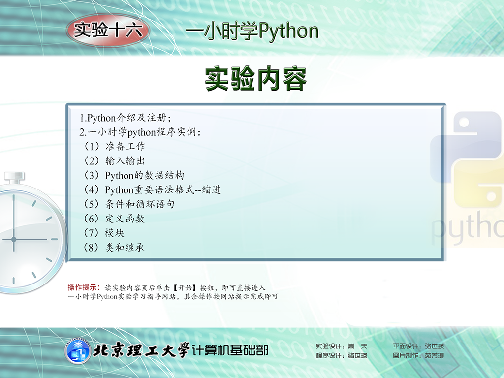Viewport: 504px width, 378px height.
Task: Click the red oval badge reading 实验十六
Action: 108,30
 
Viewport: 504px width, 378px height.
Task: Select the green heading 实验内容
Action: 256,79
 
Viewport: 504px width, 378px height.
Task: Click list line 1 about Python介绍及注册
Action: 126,118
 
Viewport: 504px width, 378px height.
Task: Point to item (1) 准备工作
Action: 114,146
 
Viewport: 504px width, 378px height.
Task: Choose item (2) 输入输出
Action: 114,161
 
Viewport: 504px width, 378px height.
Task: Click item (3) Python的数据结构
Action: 134,175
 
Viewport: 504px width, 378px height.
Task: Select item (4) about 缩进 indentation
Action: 153,189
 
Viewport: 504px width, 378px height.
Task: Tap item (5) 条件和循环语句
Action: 129,204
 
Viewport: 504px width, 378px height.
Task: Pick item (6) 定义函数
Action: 114,219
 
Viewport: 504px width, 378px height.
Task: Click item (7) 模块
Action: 104,233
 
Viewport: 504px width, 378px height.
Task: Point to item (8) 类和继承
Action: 114,247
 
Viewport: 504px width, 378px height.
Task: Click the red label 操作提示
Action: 84,287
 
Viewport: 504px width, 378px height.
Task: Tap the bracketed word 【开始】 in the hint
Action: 185,287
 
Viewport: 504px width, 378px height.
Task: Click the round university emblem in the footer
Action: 77,351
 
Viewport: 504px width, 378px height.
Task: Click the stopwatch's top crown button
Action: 14,177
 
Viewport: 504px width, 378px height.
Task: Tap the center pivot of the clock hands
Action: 14,240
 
